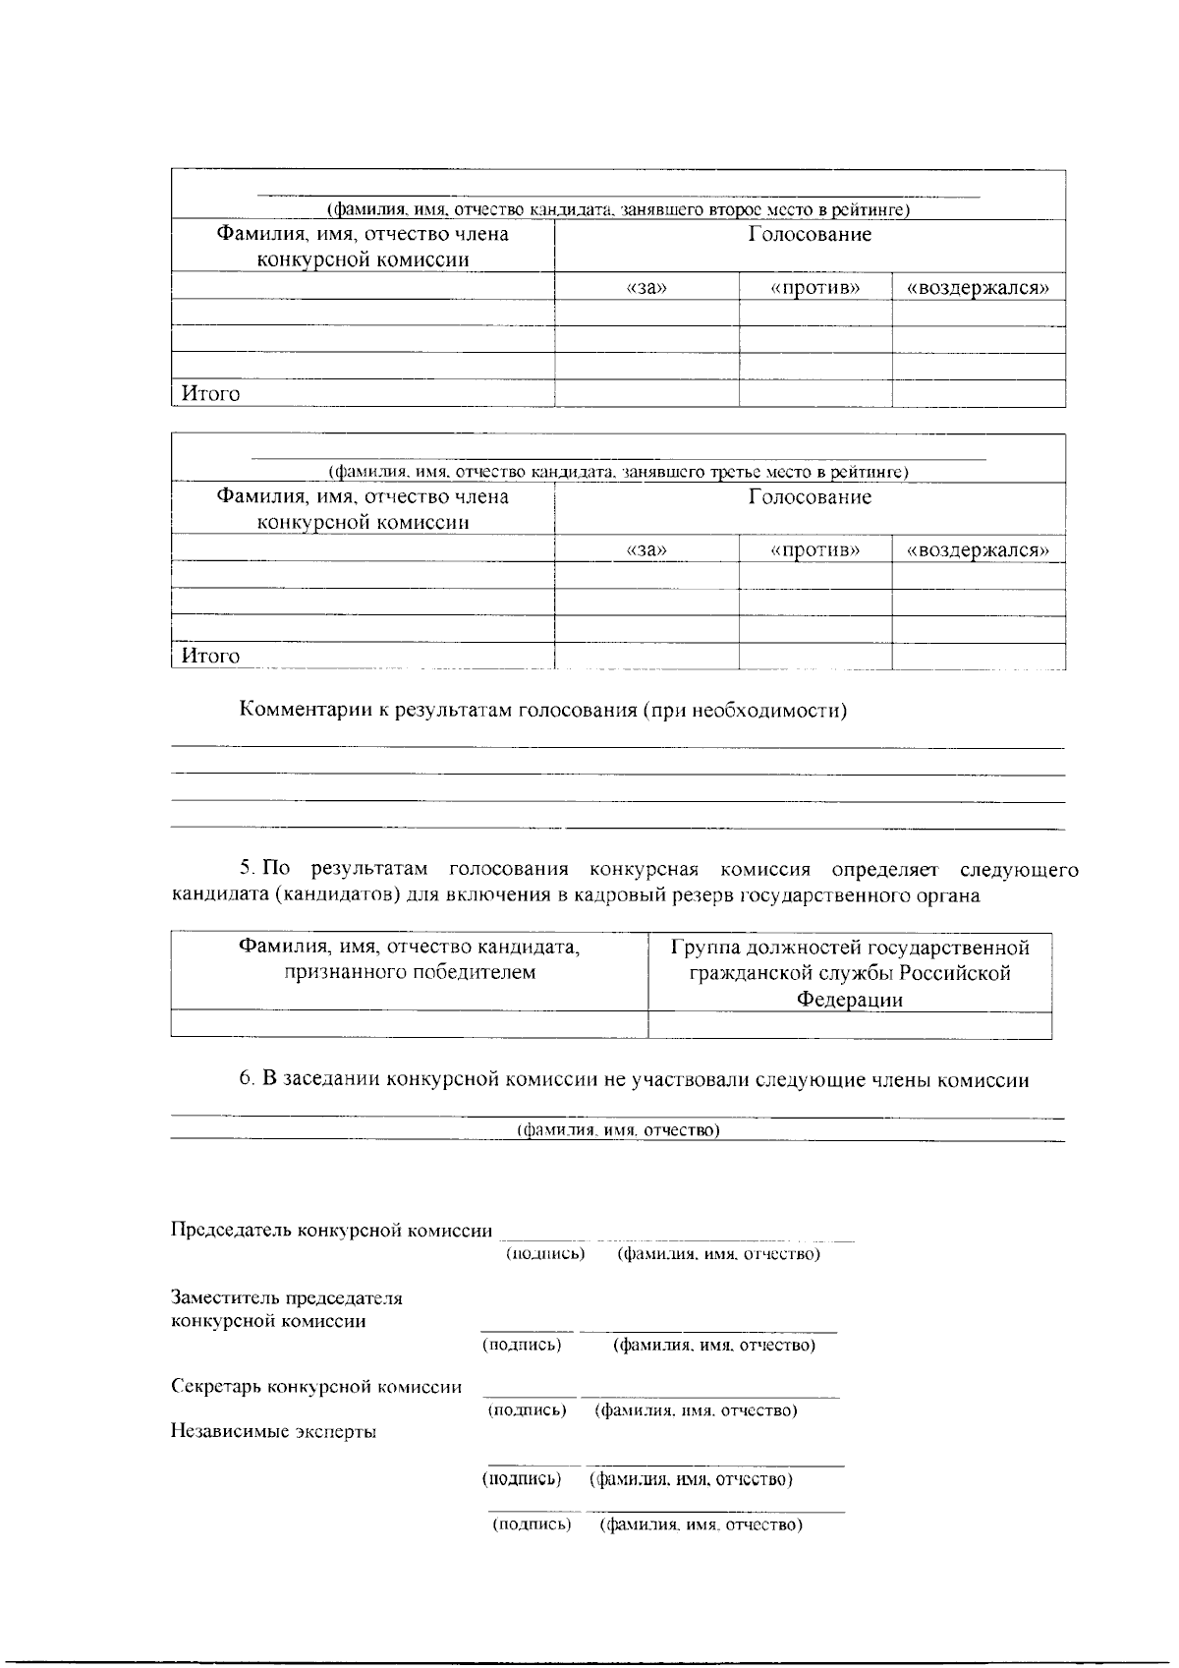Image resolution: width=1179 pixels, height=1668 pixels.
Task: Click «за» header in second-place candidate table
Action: coord(646,288)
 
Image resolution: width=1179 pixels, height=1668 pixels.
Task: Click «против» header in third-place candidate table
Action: coord(814,550)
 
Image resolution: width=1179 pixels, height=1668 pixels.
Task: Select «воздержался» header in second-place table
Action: coord(978,288)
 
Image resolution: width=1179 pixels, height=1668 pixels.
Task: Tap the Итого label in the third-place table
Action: coord(209,656)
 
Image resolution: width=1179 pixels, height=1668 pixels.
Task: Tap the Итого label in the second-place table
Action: coord(209,394)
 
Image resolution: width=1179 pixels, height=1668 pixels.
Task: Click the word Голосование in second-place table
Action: coord(810,235)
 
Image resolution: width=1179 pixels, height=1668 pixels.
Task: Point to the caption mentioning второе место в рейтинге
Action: coord(619,210)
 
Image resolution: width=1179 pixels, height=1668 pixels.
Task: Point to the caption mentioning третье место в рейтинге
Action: coord(619,473)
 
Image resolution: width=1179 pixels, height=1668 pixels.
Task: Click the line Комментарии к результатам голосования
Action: coord(543,711)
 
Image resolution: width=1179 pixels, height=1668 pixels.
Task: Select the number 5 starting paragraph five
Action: coord(246,870)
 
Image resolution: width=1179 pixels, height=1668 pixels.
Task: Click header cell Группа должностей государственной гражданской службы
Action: coord(850,973)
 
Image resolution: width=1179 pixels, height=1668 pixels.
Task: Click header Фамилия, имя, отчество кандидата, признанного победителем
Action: coord(409,960)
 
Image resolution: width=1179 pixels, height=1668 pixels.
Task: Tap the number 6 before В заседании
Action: coord(246,1080)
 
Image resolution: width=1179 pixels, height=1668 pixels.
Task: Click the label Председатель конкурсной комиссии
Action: coord(331,1230)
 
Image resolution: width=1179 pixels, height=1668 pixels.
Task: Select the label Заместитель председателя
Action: coord(287,1298)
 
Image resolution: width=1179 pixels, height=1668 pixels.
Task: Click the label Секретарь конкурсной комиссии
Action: coord(316,1387)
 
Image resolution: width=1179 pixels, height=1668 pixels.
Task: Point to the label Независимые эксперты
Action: coord(274,1432)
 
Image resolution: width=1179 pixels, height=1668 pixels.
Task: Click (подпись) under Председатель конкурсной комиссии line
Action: coord(545,1254)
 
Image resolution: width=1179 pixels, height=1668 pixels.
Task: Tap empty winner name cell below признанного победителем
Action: coord(409,1024)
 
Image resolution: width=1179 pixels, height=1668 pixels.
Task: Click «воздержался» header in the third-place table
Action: coord(978,550)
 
